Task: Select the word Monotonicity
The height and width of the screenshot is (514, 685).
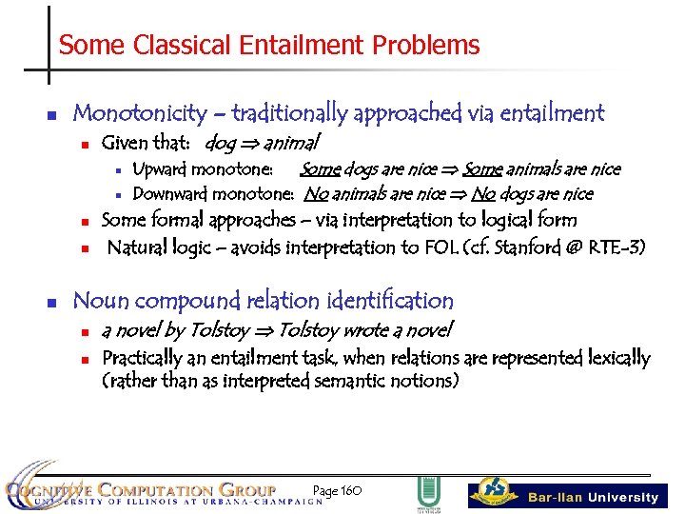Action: click(x=139, y=113)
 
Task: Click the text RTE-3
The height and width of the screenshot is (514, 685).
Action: click(x=618, y=247)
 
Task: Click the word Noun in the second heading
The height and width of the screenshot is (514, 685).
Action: click(x=101, y=301)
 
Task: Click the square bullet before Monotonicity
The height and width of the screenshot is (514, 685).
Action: click(x=52, y=115)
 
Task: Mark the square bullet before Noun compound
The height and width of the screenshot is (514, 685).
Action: click(x=52, y=303)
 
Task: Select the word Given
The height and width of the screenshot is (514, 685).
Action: click(x=125, y=144)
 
